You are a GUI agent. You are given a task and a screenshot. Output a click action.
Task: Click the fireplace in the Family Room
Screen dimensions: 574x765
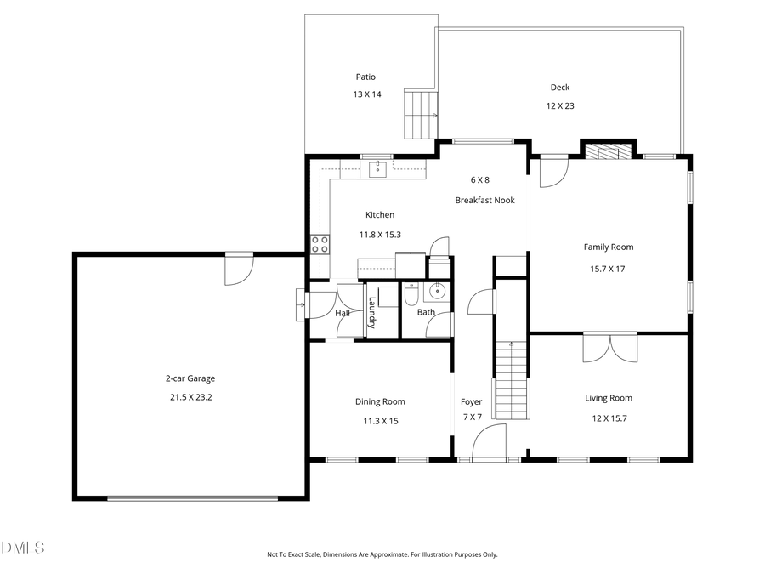pos(609,151)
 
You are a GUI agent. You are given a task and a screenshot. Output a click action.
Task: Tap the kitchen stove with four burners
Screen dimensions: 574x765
pos(320,245)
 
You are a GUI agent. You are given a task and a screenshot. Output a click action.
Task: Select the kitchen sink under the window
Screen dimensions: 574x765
pos(377,168)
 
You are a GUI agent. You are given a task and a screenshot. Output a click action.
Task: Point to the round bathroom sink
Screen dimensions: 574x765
pos(438,291)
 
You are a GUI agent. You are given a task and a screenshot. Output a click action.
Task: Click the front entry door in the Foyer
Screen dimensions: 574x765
pos(489,444)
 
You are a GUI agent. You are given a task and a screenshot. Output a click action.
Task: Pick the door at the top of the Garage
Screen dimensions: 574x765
pos(238,271)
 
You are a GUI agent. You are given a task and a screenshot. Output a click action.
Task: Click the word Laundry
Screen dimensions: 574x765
pos(371,312)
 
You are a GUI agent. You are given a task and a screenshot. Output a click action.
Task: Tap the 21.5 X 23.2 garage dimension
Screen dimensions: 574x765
pos(189,396)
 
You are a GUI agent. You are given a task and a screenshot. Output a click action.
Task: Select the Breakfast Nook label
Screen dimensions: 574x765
pos(484,201)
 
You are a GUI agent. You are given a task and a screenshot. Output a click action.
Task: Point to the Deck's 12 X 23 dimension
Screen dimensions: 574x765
pos(560,106)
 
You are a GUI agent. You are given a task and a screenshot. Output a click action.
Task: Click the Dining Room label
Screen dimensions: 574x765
pos(380,401)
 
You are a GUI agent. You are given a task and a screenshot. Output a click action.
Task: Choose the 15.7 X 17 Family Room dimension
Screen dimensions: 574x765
pos(608,269)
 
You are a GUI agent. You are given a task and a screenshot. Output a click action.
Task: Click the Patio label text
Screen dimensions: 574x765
pos(365,77)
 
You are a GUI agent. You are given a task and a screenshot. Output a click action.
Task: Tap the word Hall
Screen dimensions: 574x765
pos(343,313)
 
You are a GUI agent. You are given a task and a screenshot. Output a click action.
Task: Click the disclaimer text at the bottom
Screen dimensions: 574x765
pos(382,554)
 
